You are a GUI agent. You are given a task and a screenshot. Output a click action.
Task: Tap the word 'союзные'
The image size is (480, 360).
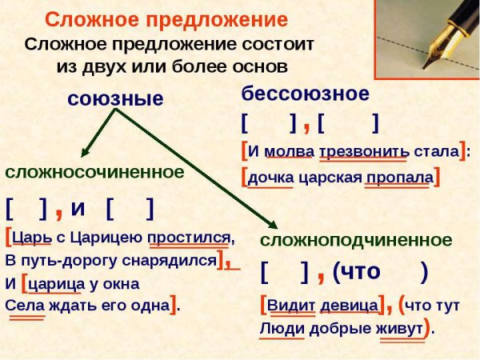[115, 99]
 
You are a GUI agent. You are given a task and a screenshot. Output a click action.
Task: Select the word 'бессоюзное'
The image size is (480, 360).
[305, 94]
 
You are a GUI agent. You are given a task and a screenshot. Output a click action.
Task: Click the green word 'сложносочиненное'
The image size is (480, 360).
[94, 171]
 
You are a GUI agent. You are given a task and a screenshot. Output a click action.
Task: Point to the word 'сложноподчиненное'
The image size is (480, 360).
[356, 240]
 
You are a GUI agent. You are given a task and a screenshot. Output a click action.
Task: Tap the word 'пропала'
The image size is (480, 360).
[398, 176]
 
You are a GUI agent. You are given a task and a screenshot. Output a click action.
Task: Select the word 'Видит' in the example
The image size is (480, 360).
[289, 305]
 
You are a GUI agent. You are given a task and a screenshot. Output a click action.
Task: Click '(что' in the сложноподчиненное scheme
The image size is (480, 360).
[355, 273]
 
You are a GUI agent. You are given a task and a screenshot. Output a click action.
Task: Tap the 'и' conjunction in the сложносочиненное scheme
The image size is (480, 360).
[78, 208]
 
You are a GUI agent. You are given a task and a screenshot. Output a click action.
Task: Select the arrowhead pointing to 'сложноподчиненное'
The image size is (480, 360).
[271, 226]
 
